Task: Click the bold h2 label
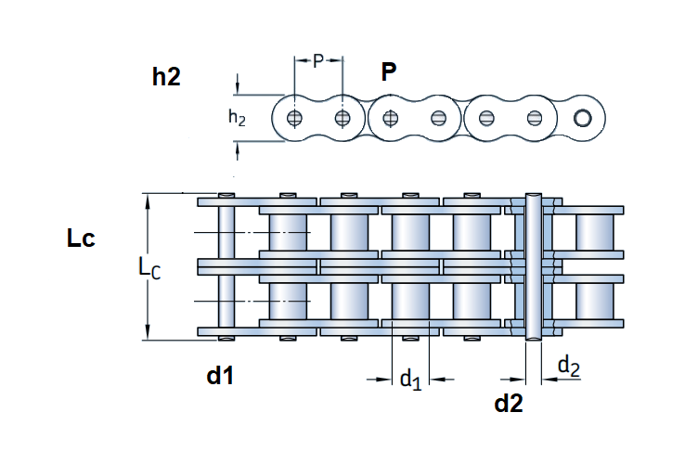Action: coord(166,77)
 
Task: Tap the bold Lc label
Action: coord(81,238)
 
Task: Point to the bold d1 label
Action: coord(219,376)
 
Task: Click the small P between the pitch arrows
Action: coord(318,62)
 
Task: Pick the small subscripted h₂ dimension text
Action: coord(238,118)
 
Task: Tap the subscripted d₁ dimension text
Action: coord(410,379)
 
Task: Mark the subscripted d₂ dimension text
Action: coord(569,367)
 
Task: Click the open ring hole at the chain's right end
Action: coord(583,118)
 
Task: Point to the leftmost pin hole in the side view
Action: coord(295,118)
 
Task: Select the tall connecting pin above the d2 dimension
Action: coord(533,267)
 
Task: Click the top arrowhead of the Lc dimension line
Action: coord(147,200)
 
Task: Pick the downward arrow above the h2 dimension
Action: coord(238,88)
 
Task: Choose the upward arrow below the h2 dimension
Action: coord(238,148)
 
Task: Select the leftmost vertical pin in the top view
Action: coord(225,267)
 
